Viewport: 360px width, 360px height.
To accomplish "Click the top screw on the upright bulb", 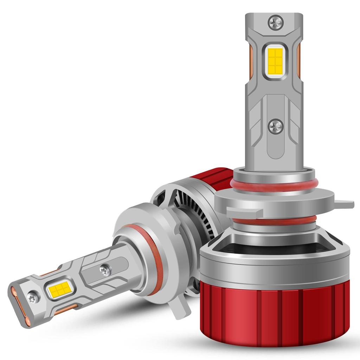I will click(x=275, y=23).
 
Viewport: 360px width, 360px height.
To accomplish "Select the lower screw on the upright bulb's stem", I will click(x=275, y=126).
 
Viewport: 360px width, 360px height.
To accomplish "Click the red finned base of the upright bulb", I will click(x=274, y=313).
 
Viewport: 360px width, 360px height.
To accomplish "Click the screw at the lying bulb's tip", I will click(x=34, y=297).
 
